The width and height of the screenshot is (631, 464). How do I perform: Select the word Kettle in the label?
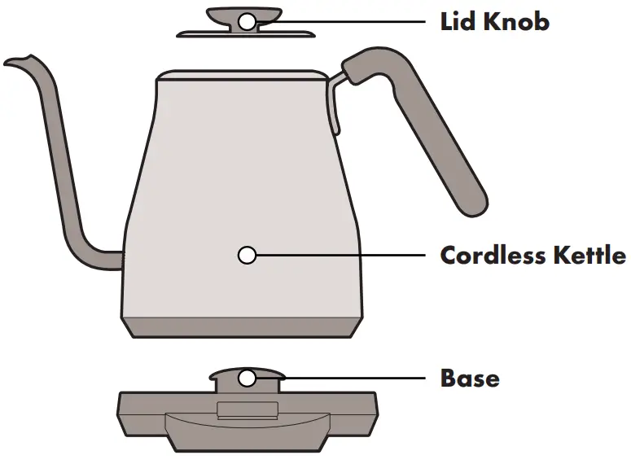(591, 256)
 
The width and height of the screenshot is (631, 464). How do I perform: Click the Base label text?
(470, 379)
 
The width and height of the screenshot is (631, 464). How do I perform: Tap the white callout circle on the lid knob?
(247, 21)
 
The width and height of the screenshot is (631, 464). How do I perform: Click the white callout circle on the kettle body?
(247, 256)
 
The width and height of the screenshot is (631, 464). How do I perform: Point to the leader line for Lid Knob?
(342, 21)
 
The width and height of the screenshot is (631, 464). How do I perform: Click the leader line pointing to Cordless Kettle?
(342, 256)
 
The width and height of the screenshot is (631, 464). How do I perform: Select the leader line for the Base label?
(342, 379)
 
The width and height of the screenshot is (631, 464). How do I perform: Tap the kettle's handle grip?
(440, 138)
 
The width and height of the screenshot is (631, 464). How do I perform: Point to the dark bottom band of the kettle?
(244, 326)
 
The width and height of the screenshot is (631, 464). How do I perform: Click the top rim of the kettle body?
(240, 76)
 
